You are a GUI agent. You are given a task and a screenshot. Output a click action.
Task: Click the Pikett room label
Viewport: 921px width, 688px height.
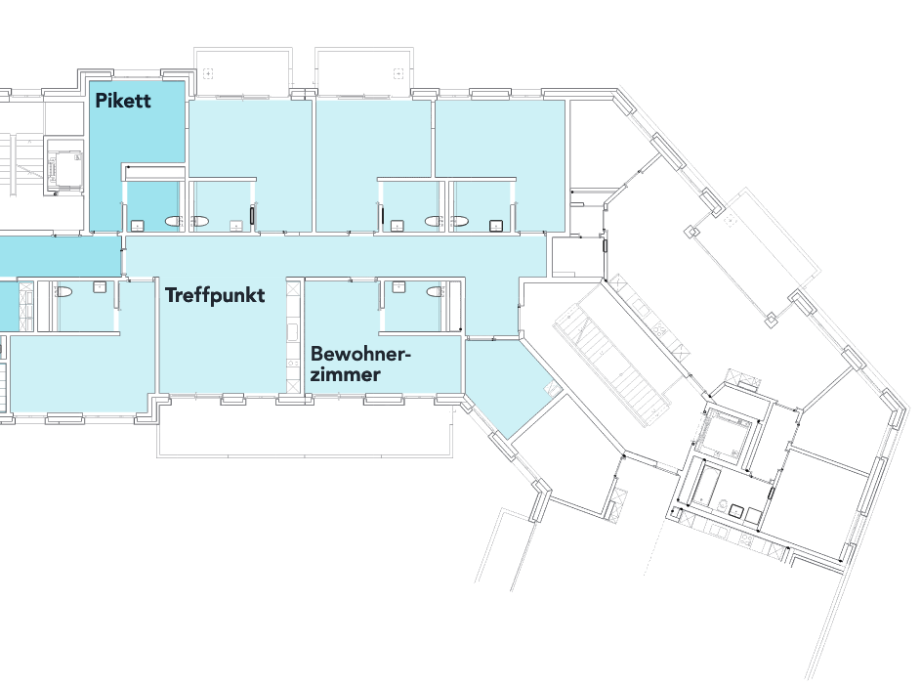pyautogui.click(x=123, y=100)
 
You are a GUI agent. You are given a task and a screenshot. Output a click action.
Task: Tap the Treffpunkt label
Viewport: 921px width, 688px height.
pyautogui.click(x=215, y=295)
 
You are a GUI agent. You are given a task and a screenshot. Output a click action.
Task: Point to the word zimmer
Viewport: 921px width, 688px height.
pyautogui.click(x=345, y=373)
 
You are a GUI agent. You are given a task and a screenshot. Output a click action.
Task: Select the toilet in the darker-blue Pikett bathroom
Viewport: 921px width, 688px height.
pyautogui.click(x=175, y=222)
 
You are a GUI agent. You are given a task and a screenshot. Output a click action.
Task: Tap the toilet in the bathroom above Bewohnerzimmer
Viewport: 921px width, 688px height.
pyautogui.click(x=437, y=290)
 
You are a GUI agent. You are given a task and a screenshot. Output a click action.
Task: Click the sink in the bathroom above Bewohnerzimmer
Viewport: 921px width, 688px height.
pyautogui.click(x=398, y=286)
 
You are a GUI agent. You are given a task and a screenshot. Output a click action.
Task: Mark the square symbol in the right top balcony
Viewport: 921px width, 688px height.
pyautogui.click(x=398, y=72)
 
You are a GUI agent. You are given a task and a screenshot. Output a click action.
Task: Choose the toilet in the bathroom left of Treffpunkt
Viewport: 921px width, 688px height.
pyautogui.click(x=63, y=291)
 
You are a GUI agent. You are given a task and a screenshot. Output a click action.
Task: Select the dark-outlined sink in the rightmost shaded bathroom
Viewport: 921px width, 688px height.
pyautogui.click(x=496, y=225)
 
